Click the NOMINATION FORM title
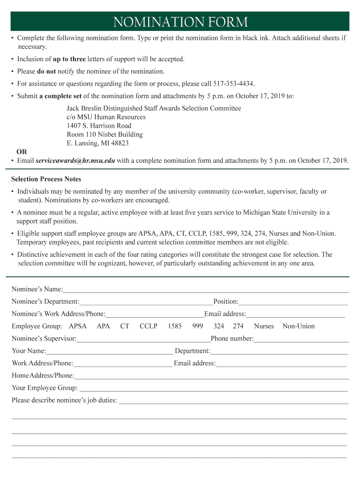(x=180, y=22)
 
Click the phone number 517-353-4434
(x=234, y=84)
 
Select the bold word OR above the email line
(x=22, y=152)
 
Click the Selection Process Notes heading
(x=46, y=179)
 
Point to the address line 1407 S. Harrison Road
(x=99, y=126)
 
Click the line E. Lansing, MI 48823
(x=98, y=143)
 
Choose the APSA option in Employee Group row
(x=78, y=326)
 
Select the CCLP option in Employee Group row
(x=148, y=326)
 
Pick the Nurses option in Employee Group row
(x=264, y=326)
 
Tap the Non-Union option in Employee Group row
(x=299, y=326)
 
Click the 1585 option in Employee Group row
(x=174, y=326)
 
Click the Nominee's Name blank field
(x=206, y=289)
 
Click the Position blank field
(x=293, y=302)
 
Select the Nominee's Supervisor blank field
(x=144, y=339)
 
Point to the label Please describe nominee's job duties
(x=65, y=400)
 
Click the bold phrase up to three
(x=69, y=59)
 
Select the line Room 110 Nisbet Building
(x=105, y=134)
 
